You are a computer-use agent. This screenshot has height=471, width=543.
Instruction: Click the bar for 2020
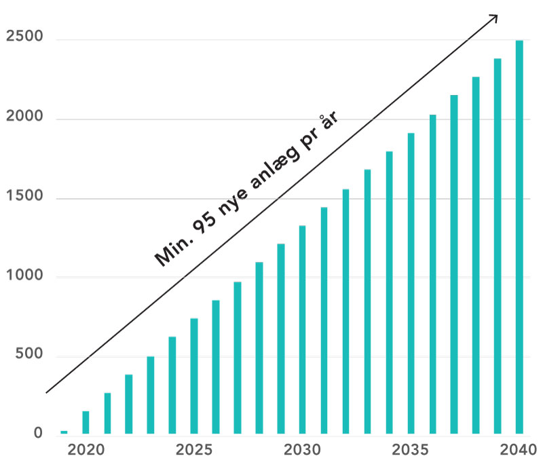tap(86, 422)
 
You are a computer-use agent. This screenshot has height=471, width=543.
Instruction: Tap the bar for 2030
tap(302, 329)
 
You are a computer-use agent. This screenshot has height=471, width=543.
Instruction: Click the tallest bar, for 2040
tap(519, 237)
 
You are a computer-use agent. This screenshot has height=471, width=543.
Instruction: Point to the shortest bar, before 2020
tap(64, 432)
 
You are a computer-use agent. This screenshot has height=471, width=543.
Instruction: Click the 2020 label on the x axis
tap(86, 449)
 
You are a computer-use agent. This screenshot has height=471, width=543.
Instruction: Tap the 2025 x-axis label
tap(194, 449)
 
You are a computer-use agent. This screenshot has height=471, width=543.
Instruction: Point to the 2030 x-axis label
tap(302, 449)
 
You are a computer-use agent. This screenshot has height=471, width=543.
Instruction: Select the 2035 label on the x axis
tap(411, 449)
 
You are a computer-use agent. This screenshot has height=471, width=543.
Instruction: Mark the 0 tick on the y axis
tap(37, 433)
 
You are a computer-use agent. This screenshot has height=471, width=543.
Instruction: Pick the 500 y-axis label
tap(29, 355)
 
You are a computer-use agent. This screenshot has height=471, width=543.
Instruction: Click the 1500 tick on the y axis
tap(24, 197)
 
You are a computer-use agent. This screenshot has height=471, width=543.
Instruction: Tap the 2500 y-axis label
tap(24, 38)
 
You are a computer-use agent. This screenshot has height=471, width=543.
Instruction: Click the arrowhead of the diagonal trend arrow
tap(494, 18)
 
